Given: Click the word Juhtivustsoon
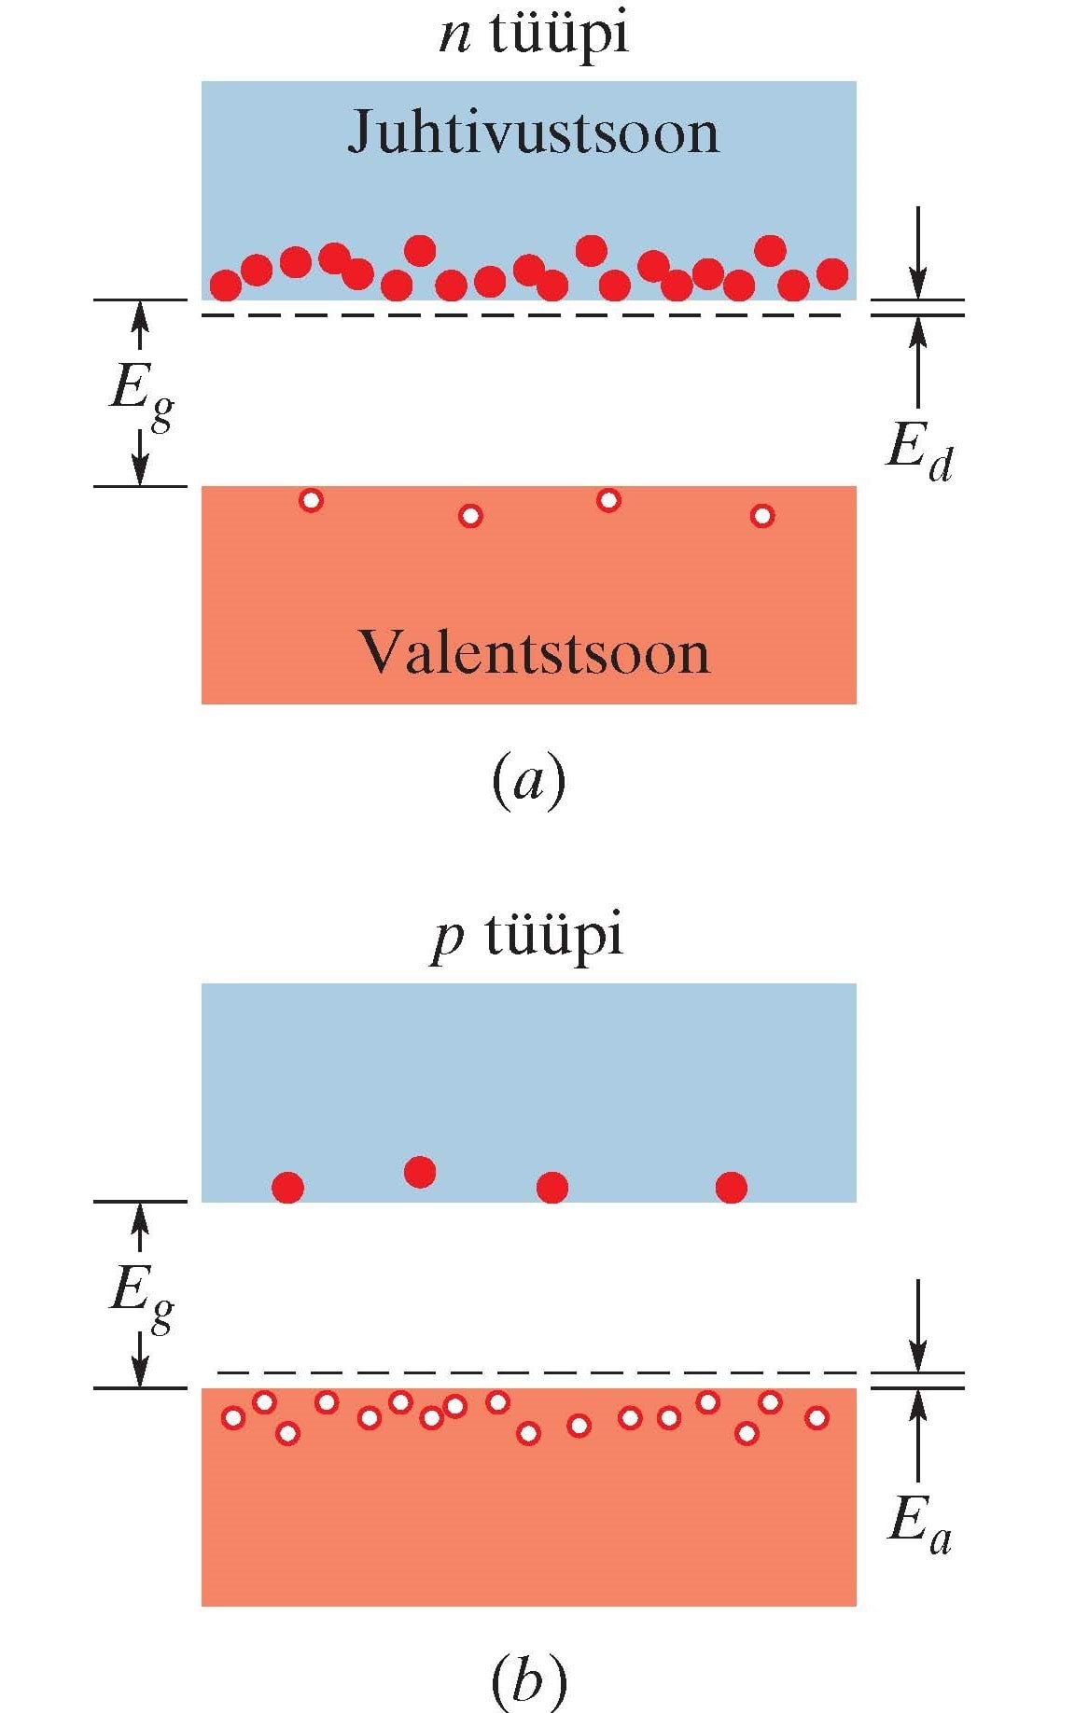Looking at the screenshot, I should pyautogui.click(x=533, y=133).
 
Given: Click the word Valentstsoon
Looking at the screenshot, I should pyautogui.click(x=533, y=652).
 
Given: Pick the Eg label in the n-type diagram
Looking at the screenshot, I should pyautogui.click(x=140, y=392).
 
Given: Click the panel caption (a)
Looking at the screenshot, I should pyautogui.click(x=528, y=781).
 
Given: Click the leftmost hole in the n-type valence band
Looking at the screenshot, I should pyautogui.click(x=311, y=501).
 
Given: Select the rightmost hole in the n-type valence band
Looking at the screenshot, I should pyautogui.click(x=762, y=515).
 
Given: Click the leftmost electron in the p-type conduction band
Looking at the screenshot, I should pyautogui.click(x=287, y=1188).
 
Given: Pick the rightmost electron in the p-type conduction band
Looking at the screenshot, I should pyautogui.click(x=731, y=1188).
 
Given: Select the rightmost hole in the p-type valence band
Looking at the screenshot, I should pyautogui.click(x=817, y=1418).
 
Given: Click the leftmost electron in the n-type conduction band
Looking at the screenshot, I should pyautogui.click(x=225, y=285).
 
